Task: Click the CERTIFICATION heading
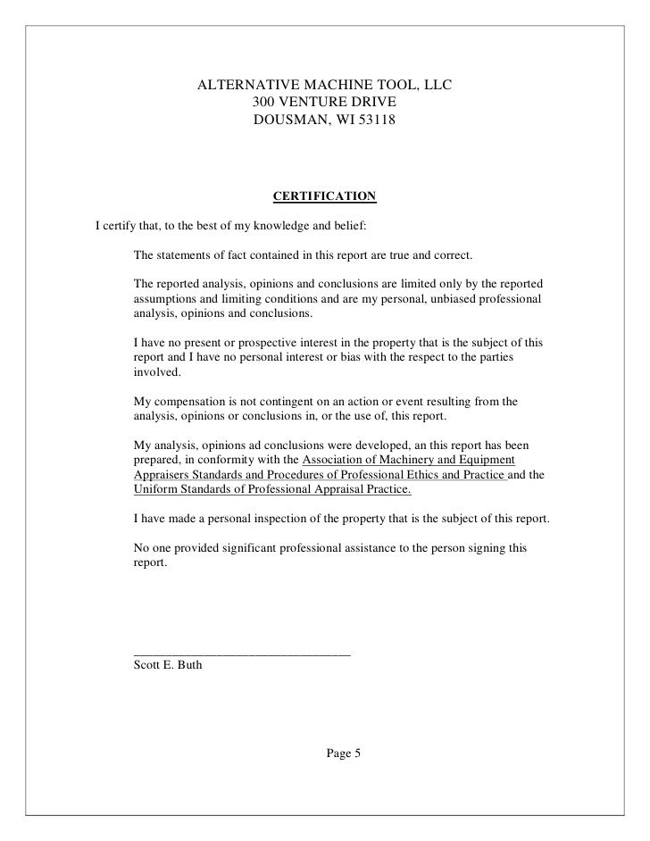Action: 324,195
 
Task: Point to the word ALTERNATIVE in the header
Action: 241,86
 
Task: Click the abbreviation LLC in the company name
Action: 437,86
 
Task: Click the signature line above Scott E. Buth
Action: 241,654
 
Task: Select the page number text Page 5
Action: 343,754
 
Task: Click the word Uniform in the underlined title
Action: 155,490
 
